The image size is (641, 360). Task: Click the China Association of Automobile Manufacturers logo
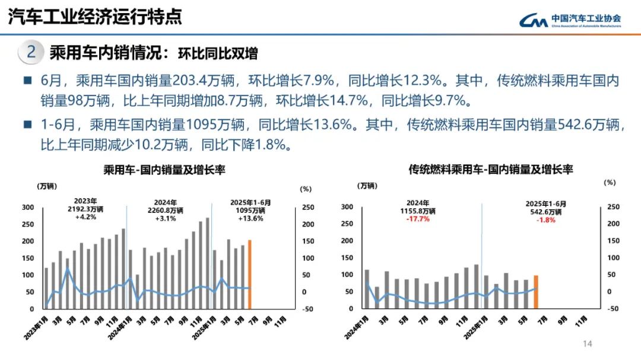pos(570,20)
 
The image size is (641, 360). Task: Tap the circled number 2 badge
pos(31,52)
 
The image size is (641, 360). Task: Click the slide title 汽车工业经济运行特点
pos(94,17)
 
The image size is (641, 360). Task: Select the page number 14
pos(588,344)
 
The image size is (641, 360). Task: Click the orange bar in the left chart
pos(250,274)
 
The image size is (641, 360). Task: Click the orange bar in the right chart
pos(536,292)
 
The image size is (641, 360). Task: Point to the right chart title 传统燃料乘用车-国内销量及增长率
pos(490,170)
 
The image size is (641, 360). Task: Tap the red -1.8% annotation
pos(546,219)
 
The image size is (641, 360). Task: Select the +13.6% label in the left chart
pos(250,218)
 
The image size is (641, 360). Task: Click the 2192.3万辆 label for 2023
pos(85,209)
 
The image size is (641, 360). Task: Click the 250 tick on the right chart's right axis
pos(613,207)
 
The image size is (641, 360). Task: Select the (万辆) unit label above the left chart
pos(47,186)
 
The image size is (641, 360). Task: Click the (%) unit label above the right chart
pos(610,183)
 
